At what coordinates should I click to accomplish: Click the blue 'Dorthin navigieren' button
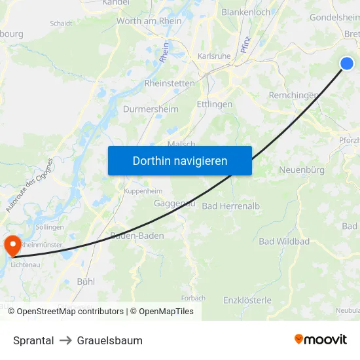[x=180, y=160]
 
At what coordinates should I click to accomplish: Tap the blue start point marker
[x=347, y=63]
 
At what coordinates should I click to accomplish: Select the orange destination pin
[x=12, y=245]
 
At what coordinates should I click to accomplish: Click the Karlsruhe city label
[x=214, y=56]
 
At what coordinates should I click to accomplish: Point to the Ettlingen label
[x=214, y=104]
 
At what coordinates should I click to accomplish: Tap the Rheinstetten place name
[x=170, y=83]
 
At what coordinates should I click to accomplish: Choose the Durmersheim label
[x=151, y=109]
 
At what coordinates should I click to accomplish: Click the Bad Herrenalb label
[x=231, y=206]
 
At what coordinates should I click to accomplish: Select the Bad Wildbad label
[x=284, y=242]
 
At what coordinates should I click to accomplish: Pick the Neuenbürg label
[x=302, y=170]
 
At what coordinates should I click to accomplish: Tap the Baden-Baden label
[x=137, y=236]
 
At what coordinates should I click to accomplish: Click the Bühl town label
[x=86, y=281]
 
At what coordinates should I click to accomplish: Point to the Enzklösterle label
[x=247, y=300]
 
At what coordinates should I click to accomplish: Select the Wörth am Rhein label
[x=149, y=21]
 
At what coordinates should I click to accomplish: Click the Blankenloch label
[x=245, y=12]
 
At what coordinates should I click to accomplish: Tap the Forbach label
[x=193, y=298]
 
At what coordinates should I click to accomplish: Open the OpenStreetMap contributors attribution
[x=70, y=312]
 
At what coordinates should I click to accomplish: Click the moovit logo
[x=321, y=340]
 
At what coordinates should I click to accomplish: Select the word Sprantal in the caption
[x=33, y=340]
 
